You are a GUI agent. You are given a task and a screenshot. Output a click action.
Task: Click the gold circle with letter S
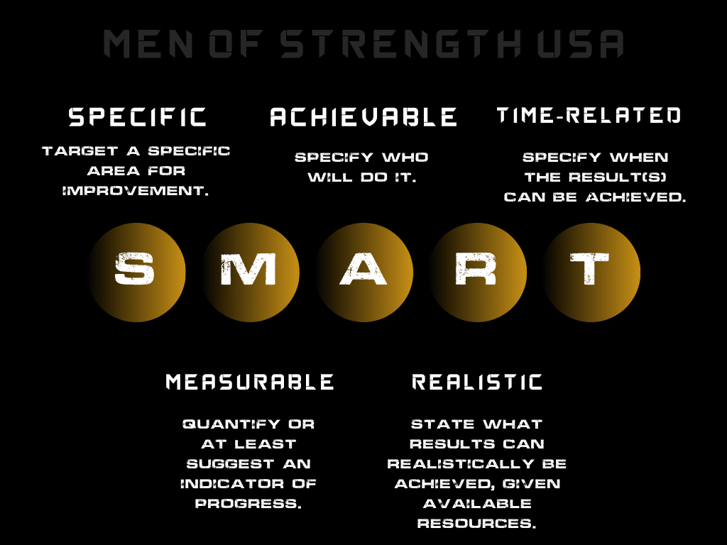pos(136,270)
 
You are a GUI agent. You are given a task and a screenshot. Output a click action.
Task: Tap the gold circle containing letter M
pos(250,270)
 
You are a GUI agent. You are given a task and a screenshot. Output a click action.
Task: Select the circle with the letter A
pos(363,270)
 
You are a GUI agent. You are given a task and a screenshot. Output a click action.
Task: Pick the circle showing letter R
pos(477,270)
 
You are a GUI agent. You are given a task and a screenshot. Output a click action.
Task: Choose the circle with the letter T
pos(591,270)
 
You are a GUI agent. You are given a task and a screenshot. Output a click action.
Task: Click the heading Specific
pos(138,117)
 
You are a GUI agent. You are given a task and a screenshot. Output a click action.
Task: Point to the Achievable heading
pos(363,117)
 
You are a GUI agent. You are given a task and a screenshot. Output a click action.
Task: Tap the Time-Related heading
pos(589,115)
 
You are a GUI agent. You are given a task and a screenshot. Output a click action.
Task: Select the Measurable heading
pos(250,382)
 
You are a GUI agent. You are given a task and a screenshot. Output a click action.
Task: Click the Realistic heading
pos(477,382)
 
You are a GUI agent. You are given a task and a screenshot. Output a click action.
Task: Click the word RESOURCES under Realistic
pos(476,524)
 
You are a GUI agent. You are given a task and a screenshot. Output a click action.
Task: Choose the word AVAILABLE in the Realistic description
pos(477,504)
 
